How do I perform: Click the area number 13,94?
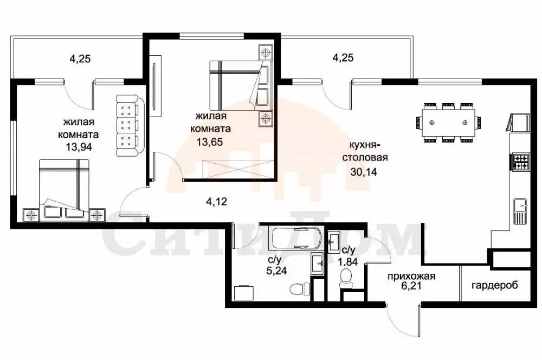75,146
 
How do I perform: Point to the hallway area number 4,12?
216,202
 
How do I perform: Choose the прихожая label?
411,277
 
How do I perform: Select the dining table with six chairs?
448,123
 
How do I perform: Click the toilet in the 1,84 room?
345,280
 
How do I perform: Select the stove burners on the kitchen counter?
520,160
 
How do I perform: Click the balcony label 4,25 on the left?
80,59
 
